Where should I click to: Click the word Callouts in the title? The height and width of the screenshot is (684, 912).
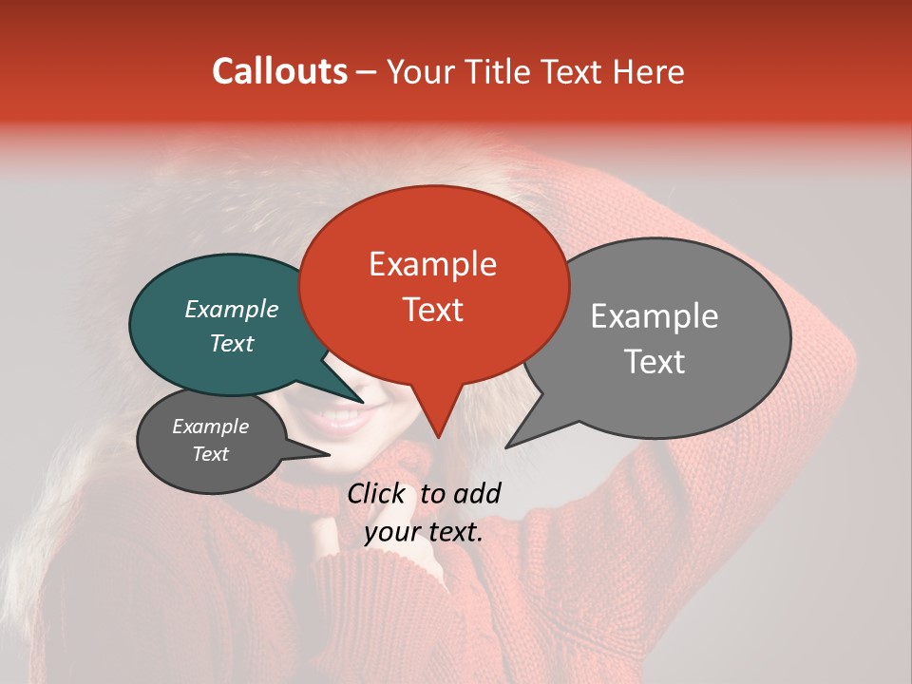click(279, 71)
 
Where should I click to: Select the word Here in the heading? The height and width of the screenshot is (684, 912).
click(649, 71)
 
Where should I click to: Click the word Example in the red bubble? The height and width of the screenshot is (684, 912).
click(432, 264)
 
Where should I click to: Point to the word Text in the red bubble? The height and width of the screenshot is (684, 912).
click(432, 310)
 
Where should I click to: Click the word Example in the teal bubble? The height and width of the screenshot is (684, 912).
click(232, 309)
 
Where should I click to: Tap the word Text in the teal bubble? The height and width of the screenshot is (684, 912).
click(232, 343)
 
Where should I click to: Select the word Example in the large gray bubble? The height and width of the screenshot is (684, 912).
click(655, 316)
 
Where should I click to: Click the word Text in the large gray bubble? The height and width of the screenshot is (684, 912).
click(655, 361)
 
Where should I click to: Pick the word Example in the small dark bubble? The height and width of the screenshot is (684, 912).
click(211, 427)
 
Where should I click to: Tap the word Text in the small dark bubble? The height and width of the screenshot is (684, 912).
click(211, 454)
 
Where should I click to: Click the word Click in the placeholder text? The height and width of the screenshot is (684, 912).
click(378, 493)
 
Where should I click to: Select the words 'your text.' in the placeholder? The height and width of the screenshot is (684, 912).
click(424, 532)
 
